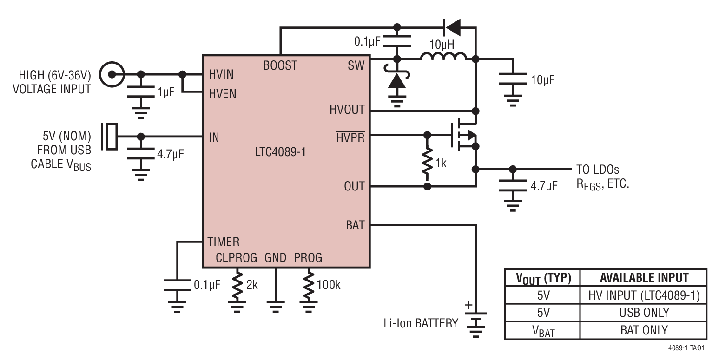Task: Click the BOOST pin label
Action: pos(280,66)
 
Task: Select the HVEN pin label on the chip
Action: pos(223,94)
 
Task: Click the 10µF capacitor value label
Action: pos(542,80)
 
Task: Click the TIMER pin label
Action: pos(224,242)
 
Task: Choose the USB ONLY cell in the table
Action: pos(644,312)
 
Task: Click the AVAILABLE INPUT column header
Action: pos(644,278)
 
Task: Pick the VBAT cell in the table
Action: pos(542,330)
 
